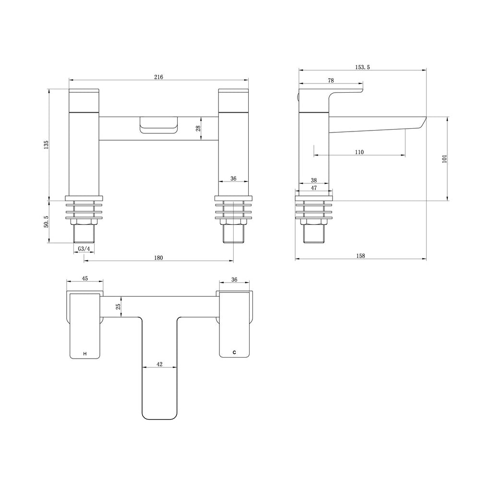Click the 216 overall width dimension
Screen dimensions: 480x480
[159, 77]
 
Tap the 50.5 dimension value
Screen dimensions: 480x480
[46, 222]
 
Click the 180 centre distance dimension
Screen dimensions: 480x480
[159, 258]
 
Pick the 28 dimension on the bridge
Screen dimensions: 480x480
[197, 128]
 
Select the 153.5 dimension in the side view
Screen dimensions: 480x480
[362, 67]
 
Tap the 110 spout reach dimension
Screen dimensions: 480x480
[359, 152]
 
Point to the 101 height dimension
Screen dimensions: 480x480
[444, 158]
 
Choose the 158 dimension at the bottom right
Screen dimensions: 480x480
[360, 256]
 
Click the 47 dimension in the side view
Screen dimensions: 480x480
[314, 188]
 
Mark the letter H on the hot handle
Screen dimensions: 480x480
[85, 354]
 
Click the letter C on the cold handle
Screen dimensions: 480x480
[234, 353]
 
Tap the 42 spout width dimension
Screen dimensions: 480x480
[160, 364]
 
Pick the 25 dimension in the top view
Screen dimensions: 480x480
[118, 307]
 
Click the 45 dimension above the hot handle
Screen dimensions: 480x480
[85, 278]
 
